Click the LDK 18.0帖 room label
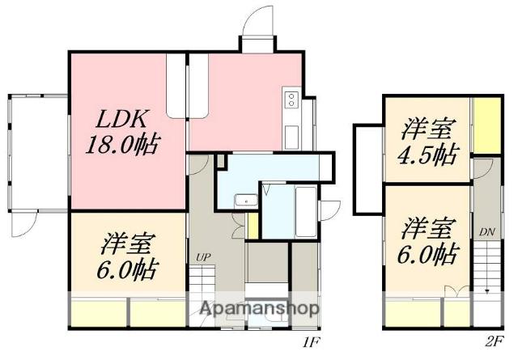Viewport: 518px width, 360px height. (123, 132)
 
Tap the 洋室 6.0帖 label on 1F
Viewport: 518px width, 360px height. (128, 256)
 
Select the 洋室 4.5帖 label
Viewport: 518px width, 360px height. (428, 142)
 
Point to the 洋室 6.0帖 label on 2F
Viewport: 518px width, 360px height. (428, 241)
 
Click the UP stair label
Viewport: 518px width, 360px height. (203, 257)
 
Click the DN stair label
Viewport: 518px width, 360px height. (487, 232)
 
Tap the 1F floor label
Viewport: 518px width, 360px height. (312, 342)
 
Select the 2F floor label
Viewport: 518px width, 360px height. (495, 341)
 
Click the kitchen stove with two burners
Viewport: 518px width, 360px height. (291, 100)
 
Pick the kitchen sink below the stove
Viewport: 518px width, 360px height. (291, 137)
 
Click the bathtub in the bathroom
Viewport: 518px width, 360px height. (306, 212)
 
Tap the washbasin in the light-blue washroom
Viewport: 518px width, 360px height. (246, 201)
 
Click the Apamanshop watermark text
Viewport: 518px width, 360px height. (259, 308)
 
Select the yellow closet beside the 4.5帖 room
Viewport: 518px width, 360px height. (486, 125)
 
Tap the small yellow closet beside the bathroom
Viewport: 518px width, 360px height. (253, 226)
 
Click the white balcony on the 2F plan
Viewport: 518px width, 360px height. (368, 170)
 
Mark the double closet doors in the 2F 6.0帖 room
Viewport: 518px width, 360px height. (456, 291)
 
